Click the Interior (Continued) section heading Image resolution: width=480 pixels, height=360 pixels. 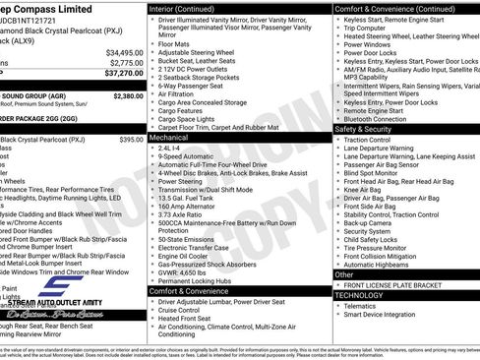pyautogui.click(x=189, y=8)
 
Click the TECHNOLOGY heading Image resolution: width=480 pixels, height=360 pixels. pyautogui.click(x=359, y=295)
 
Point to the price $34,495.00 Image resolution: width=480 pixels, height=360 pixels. pyautogui.click(x=124, y=52)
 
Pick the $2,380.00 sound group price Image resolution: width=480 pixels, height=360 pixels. pyautogui.click(x=128, y=96)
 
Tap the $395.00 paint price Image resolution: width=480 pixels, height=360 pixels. pyautogui.click(x=131, y=140)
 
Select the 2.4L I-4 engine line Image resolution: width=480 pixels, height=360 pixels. pyautogui.click(x=171, y=150)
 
